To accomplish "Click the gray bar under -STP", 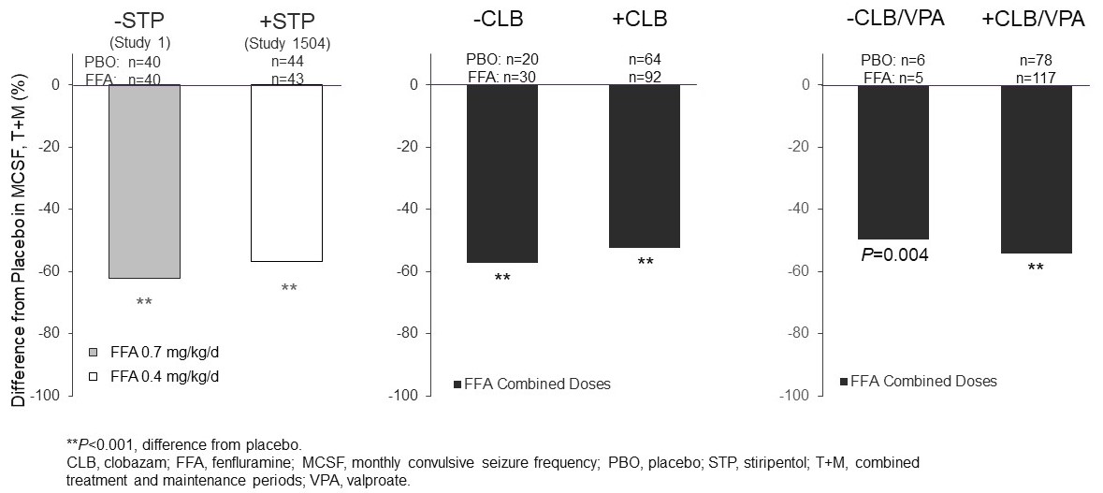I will click(144, 181).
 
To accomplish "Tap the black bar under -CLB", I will click(502, 173).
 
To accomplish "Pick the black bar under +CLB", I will click(645, 166).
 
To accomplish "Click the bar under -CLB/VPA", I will click(893, 161).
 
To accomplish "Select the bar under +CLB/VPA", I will click(1036, 168).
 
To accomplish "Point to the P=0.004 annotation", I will click(893, 254).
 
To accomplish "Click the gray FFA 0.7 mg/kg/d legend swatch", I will click(93, 353).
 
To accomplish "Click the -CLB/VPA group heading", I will click(893, 20).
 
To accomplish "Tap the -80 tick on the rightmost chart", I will click(795, 333).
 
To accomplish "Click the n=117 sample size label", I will click(1036, 78).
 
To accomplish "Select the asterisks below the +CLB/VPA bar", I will click(1036, 268).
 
